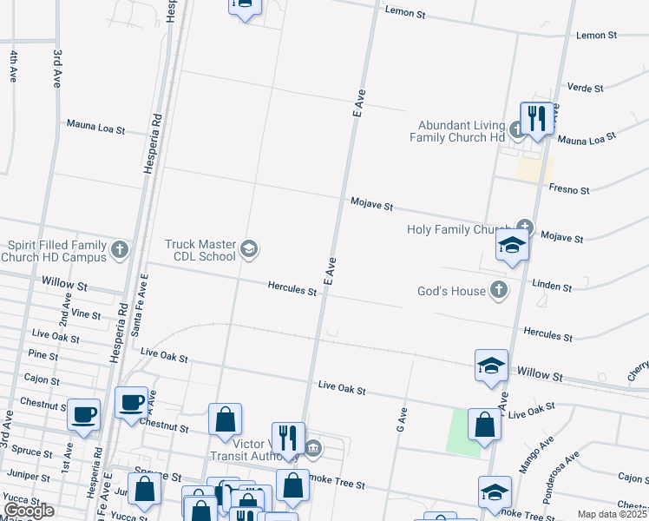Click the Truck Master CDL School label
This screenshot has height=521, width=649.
tap(200, 250)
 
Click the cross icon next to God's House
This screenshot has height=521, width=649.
tap(499, 290)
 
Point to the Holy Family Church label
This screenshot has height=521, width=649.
tap(458, 230)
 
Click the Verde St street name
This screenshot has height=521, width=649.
tap(584, 87)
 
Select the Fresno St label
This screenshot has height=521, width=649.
tap(569, 188)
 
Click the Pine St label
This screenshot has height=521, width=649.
tap(43, 355)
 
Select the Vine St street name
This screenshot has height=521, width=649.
tap(86, 313)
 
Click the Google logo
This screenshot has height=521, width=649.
tap(28, 511)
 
